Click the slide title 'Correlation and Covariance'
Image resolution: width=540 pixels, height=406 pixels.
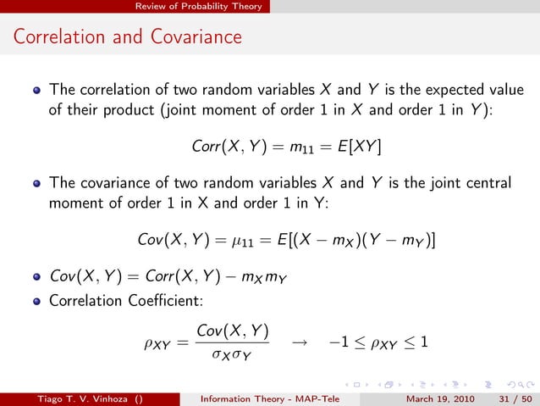pos(127,37)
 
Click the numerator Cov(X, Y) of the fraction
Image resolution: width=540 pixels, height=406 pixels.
pos(231,331)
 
